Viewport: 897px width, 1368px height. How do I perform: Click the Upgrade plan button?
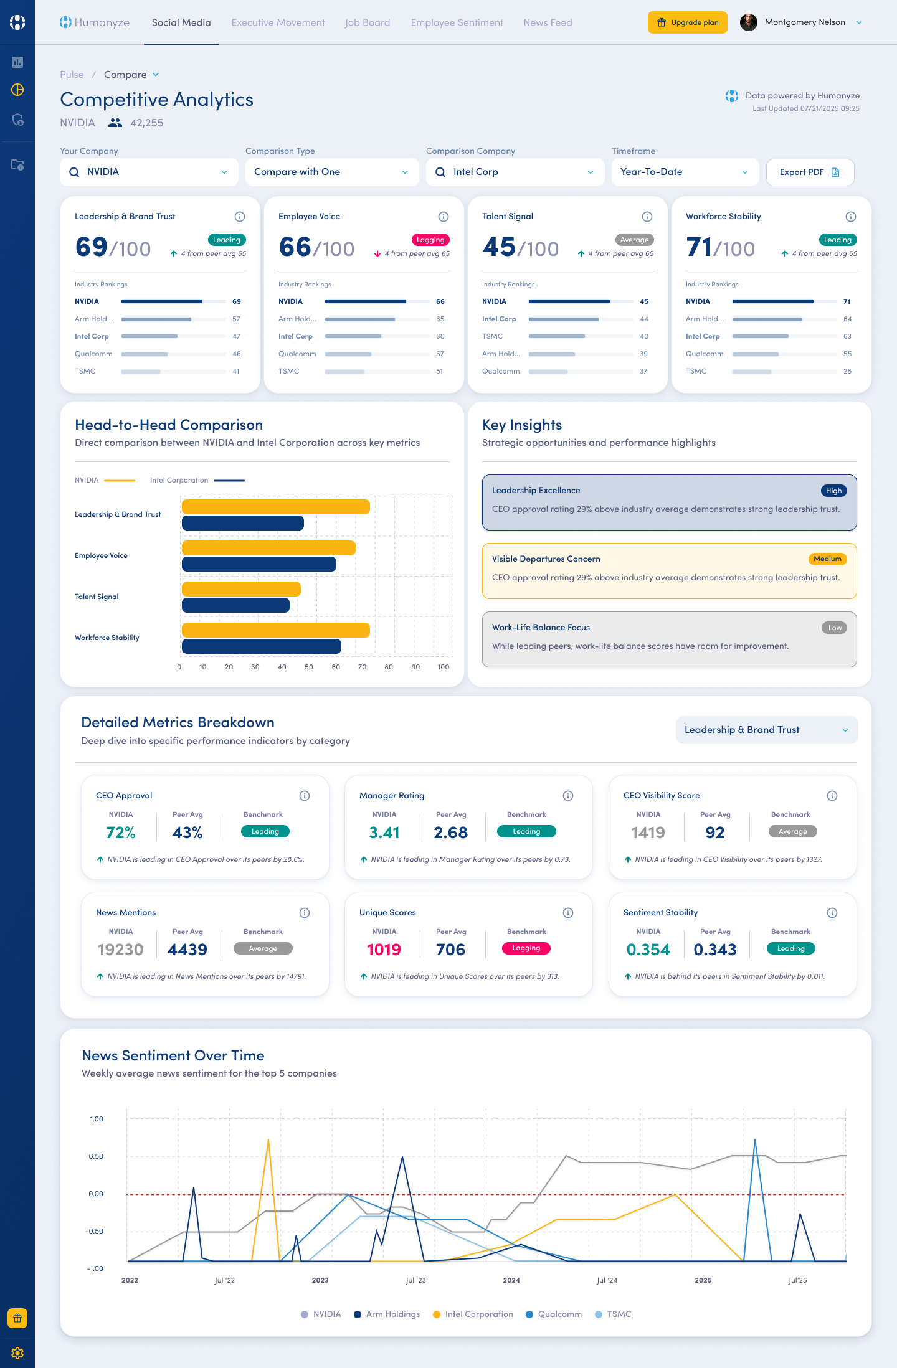pos(687,22)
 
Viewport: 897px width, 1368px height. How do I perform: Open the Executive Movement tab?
pos(278,22)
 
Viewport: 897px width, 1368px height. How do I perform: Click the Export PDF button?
pos(809,172)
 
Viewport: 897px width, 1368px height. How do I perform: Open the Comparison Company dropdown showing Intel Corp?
pos(515,172)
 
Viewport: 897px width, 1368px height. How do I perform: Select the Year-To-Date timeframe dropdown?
pos(685,172)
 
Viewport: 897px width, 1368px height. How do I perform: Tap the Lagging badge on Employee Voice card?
pos(430,240)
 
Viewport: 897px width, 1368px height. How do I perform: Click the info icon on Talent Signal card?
pos(647,217)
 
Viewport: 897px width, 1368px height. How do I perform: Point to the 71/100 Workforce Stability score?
pos(720,247)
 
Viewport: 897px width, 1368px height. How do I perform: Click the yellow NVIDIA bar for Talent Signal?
pos(241,589)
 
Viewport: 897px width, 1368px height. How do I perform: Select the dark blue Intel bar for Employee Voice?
pos(259,564)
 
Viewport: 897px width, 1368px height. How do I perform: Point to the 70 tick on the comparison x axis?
pos(362,667)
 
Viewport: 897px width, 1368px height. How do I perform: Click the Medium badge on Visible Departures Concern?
pos(827,559)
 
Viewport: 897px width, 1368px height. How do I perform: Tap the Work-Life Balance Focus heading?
pos(541,627)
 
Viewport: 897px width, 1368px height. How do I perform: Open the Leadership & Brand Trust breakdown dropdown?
pos(766,730)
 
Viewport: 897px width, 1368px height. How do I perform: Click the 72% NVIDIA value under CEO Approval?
pos(121,833)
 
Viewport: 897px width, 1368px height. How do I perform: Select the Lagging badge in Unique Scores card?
pos(526,948)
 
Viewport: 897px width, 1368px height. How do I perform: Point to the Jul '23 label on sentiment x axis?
pos(415,1280)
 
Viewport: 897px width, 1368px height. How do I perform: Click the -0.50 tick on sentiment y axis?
pos(95,1231)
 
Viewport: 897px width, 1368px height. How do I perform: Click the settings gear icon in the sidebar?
pos(17,1353)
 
